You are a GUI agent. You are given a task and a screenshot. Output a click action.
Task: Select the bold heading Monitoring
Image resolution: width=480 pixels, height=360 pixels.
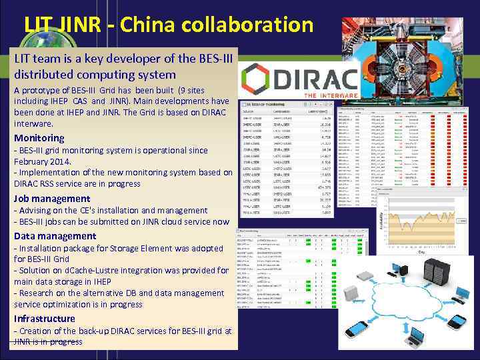[39, 138]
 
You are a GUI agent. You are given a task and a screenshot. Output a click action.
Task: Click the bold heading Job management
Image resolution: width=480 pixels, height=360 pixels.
[52, 198]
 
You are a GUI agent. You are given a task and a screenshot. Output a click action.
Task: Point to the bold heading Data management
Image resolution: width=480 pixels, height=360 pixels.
[55, 235]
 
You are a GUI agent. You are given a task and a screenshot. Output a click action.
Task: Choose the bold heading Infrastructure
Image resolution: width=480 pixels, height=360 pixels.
[45, 318]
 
